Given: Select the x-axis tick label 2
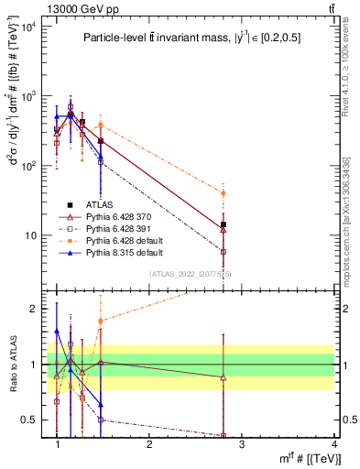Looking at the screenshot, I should pyautogui.click(x=149, y=443).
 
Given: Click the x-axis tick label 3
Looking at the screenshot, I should pyautogui.click(x=241, y=443).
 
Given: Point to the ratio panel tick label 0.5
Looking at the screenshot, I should pyautogui.click(x=31, y=420).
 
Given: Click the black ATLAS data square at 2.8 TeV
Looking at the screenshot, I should pyautogui.click(x=223, y=224).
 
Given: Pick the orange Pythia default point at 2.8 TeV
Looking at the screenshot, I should pyautogui.click(x=223, y=193).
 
